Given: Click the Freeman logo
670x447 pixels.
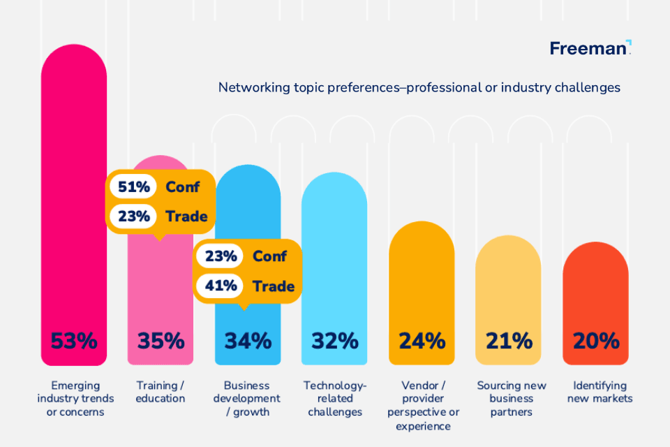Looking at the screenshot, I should (590, 48).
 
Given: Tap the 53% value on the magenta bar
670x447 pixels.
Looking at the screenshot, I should (74, 341).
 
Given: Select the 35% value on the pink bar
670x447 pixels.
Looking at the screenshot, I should (161, 341).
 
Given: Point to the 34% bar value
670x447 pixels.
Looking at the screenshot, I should (248, 341).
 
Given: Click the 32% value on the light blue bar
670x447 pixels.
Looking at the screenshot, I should (334, 341).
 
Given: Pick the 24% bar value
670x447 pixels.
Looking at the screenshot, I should (422, 341).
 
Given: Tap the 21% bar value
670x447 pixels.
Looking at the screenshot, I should (508, 341).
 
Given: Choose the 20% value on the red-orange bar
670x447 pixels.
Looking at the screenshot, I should (595, 341).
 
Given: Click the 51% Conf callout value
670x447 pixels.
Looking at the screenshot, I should (134, 186).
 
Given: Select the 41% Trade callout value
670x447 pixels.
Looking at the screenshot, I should (221, 286).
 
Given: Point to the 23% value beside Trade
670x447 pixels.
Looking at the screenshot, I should (134, 216).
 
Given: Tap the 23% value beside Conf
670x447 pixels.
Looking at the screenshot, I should (221, 256).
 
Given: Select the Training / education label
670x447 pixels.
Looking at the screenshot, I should (161, 392).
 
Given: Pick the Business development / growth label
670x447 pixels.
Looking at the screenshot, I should (248, 398).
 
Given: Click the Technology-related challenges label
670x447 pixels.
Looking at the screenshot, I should (334, 398).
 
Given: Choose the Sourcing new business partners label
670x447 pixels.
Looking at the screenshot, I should (512, 398).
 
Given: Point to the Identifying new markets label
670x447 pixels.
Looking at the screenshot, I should (600, 392).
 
